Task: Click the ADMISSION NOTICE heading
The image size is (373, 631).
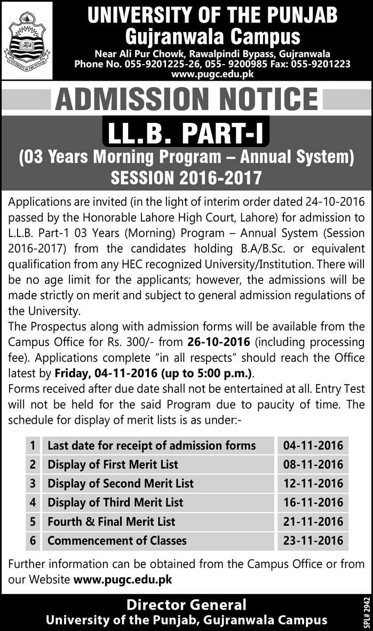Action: click(186, 99)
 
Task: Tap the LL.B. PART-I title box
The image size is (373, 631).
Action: click(186, 134)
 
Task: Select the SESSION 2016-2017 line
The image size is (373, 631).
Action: click(186, 177)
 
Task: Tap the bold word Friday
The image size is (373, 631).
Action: click(73, 372)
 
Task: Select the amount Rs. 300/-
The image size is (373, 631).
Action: click(141, 342)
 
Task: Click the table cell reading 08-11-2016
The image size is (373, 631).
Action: click(313, 464)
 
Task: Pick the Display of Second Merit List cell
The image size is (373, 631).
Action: click(121, 484)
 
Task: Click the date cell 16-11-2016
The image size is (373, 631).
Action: click(313, 502)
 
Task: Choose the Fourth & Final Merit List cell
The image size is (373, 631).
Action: click(111, 521)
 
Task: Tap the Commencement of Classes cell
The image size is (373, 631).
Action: click(117, 541)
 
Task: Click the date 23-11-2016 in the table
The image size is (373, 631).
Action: click(313, 541)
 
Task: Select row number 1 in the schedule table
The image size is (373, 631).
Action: click(33, 445)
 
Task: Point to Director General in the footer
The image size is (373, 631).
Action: click(186, 605)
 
